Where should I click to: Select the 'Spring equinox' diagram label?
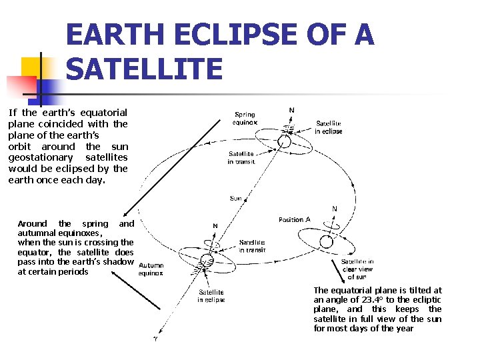(245, 119)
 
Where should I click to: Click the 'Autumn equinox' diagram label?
(151, 269)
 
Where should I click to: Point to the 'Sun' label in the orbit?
(236, 198)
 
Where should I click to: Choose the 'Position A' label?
(295, 220)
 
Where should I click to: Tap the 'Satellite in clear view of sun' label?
(357, 269)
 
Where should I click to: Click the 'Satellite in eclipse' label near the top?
(329, 127)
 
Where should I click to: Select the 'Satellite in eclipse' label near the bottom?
(211, 296)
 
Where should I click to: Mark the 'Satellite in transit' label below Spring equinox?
(240, 157)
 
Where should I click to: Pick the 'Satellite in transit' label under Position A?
(252, 246)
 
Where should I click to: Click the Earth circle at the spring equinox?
(285, 142)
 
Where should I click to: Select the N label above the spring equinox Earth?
(291, 110)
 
